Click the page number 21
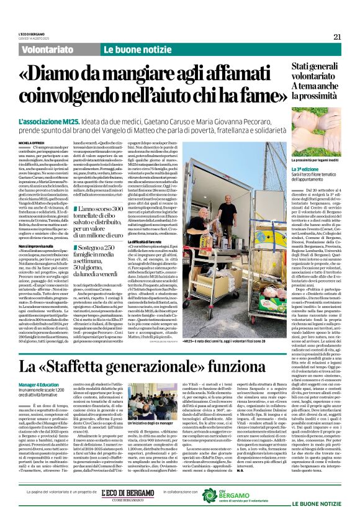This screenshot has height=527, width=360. point(337,37)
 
